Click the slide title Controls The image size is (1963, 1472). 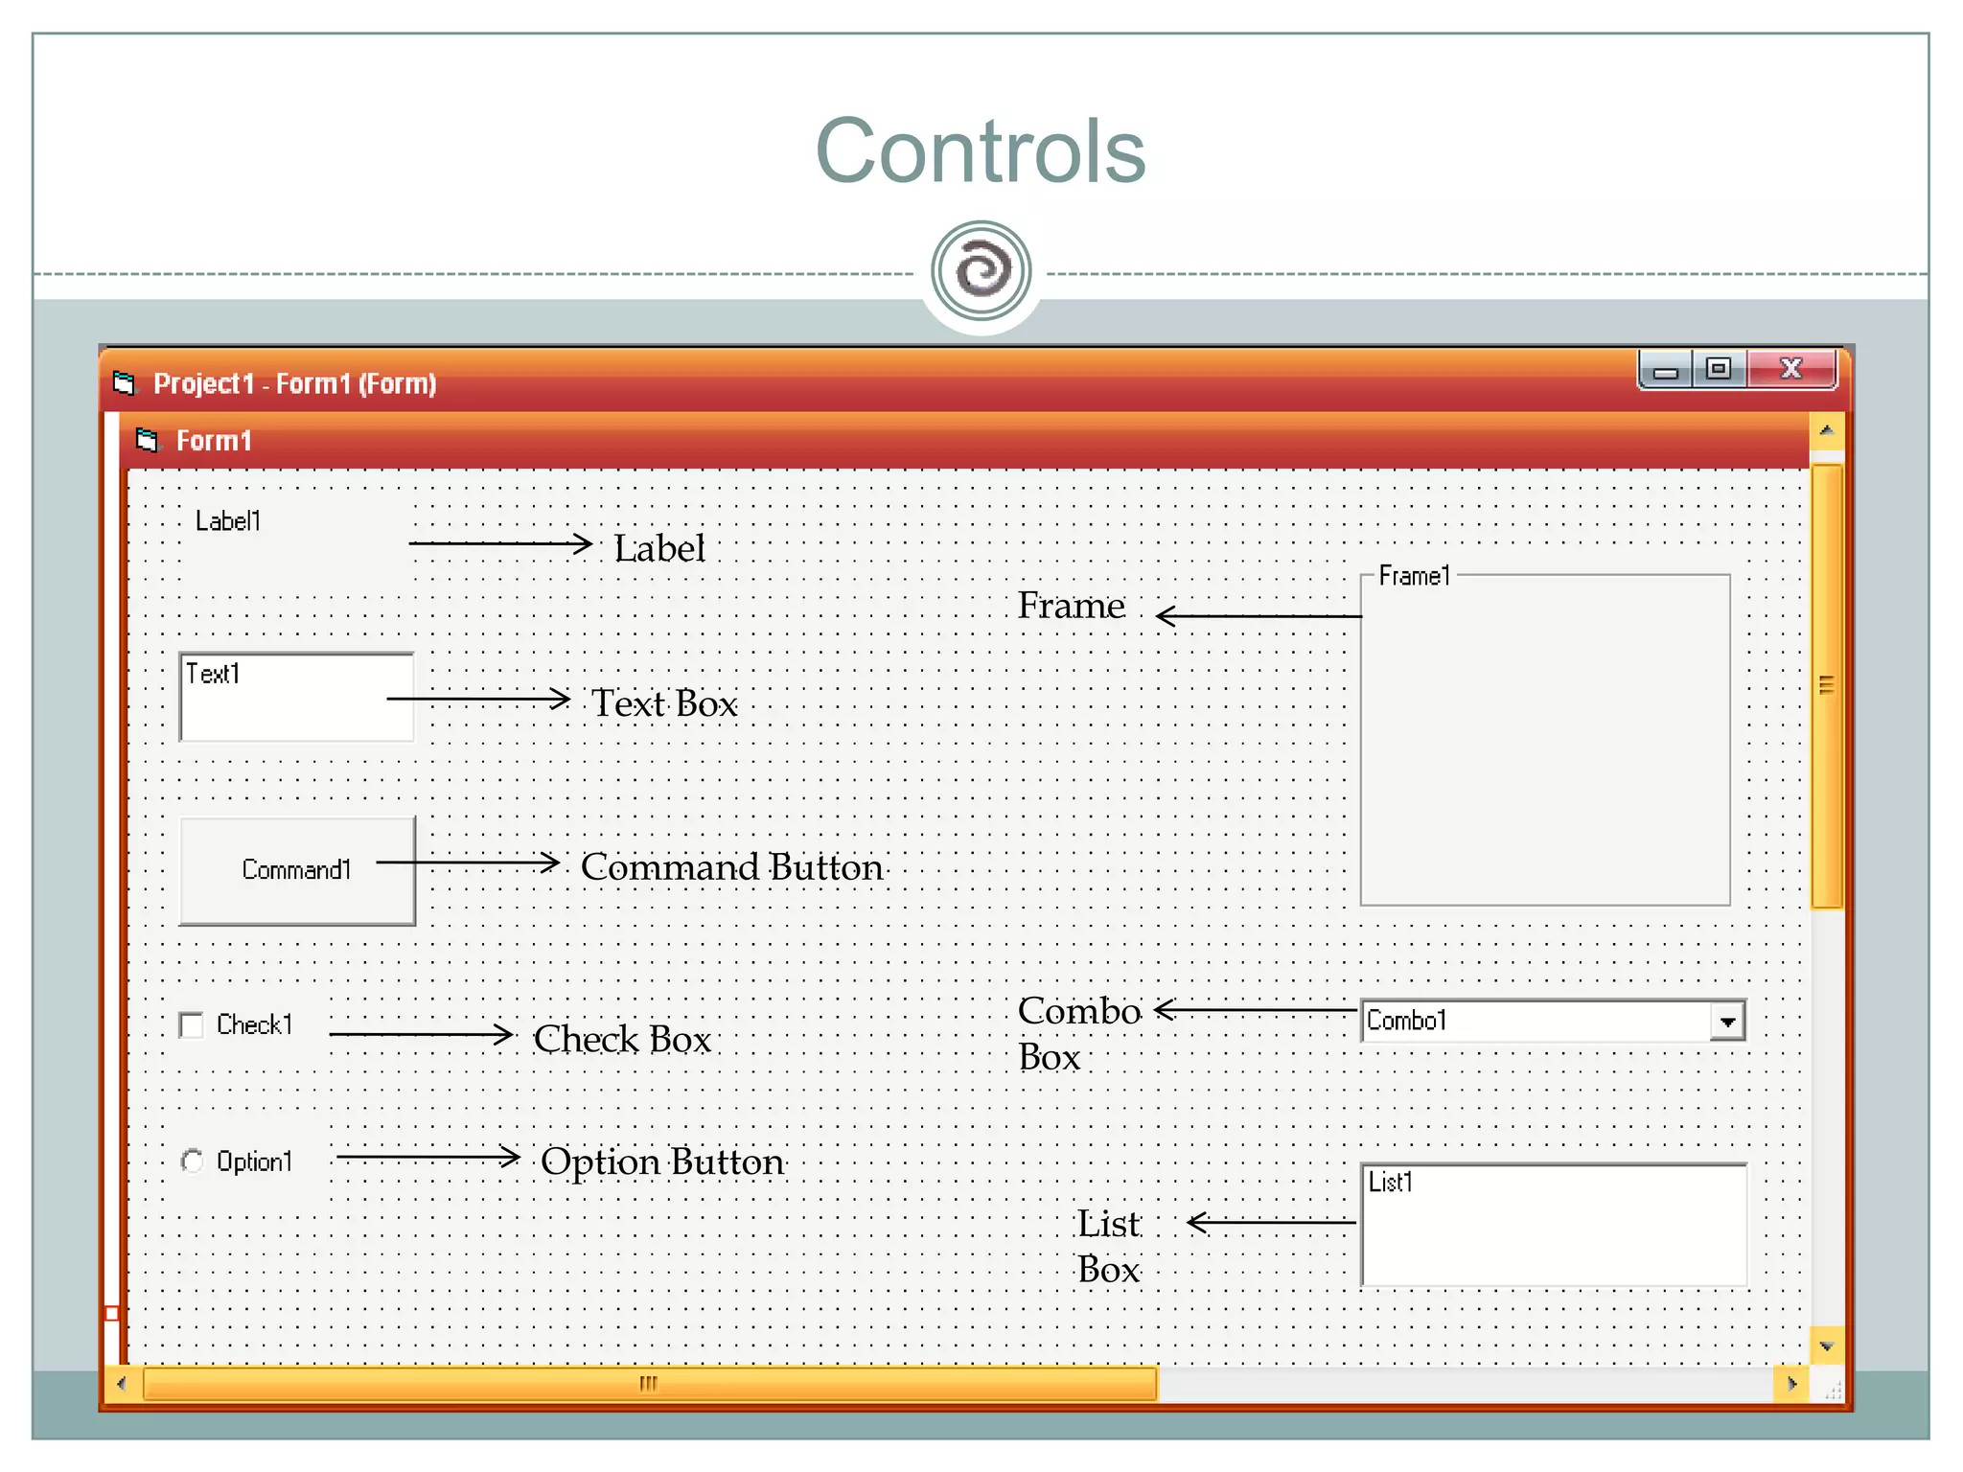tap(980, 151)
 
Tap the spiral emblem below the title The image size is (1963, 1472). tap(981, 270)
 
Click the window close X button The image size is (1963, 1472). tap(1790, 369)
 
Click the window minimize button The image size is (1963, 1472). tap(1666, 370)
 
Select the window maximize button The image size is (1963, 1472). tap(1719, 369)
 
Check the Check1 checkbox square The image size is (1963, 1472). tap(192, 1025)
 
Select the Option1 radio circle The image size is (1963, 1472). tap(192, 1161)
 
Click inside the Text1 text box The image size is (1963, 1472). tap(296, 697)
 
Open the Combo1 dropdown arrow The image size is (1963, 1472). tap(1727, 1022)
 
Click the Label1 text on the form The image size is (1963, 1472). tap(228, 521)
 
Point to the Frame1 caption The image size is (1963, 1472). tap(1414, 576)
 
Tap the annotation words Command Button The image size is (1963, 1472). tap(731, 867)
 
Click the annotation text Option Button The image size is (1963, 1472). tap(662, 1161)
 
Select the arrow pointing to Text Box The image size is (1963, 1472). tap(478, 699)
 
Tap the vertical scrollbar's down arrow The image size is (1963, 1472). tap(1826, 1347)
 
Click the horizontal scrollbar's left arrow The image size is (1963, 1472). tap(121, 1384)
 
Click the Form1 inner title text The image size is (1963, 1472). tap(214, 441)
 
